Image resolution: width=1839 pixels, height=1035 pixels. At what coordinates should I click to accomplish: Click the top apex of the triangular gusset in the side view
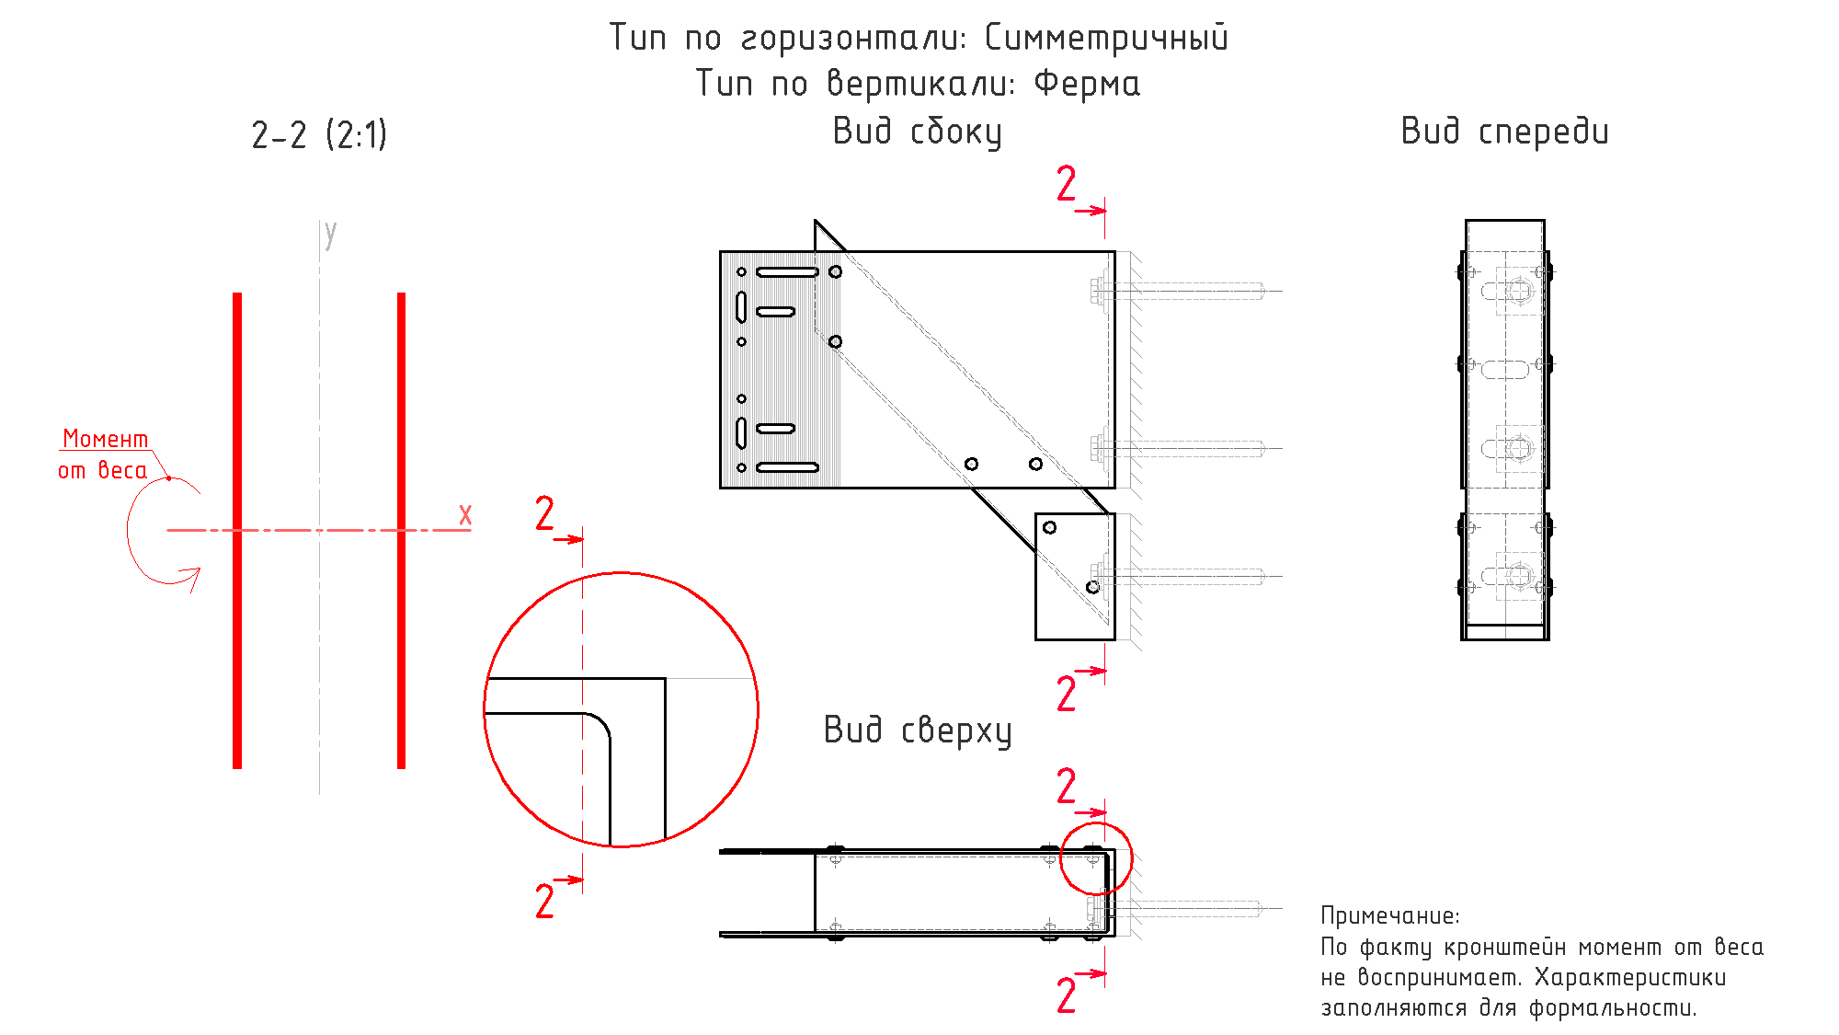click(816, 221)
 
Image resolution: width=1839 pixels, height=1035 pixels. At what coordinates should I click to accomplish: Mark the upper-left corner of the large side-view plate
click(721, 252)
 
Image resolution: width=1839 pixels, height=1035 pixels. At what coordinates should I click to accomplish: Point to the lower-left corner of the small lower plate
click(1036, 638)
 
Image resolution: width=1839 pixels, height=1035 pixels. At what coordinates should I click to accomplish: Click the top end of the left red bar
click(237, 293)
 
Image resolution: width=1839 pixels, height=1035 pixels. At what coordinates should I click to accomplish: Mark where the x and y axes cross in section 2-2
click(320, 530)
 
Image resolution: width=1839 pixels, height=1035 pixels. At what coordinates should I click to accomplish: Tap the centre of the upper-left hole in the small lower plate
click(1049, 527)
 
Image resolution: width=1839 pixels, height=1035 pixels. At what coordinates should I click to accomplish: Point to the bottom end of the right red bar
click(401, 767)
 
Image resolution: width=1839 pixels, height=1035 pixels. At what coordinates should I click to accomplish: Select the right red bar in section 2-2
click(401, 530)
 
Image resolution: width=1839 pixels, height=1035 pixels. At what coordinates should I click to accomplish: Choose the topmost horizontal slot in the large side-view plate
click(787, 272)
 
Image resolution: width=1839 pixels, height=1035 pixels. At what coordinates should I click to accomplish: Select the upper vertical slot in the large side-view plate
click(741, 306)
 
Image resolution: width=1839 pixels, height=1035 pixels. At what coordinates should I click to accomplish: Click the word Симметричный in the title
click(1106, 38)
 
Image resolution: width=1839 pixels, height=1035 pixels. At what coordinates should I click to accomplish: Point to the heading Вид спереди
click(1505, 132)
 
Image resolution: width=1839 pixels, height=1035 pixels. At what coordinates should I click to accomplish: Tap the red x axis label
click(465, 514)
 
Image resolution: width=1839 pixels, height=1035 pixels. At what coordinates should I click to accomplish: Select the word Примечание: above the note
click(1389, 915)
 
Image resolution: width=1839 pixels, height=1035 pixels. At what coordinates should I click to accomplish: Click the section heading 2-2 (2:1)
click(319, 135)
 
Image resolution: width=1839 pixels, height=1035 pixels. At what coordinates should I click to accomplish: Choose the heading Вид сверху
click(918, 730)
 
